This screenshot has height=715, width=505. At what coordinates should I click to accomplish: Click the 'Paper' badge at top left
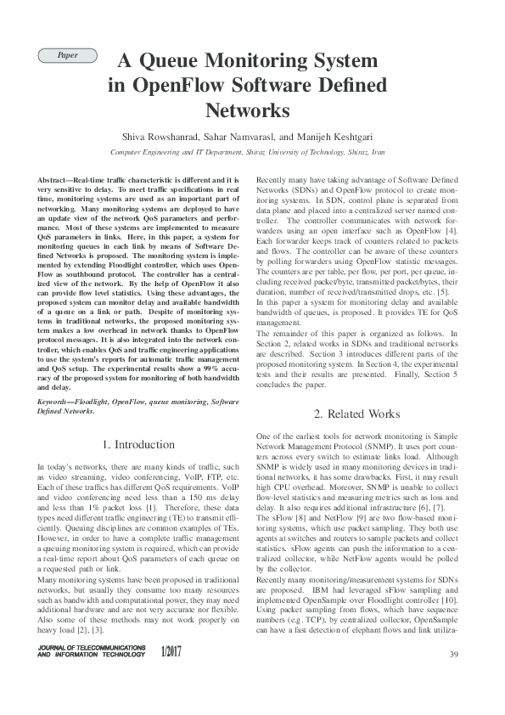(x=66, y=54)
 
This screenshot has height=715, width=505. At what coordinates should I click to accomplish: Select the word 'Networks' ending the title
(x=248, y=110)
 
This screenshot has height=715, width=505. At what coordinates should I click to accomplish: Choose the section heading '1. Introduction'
(x=138, y=444)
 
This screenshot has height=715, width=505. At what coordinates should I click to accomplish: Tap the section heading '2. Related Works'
(x=356, y=414)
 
